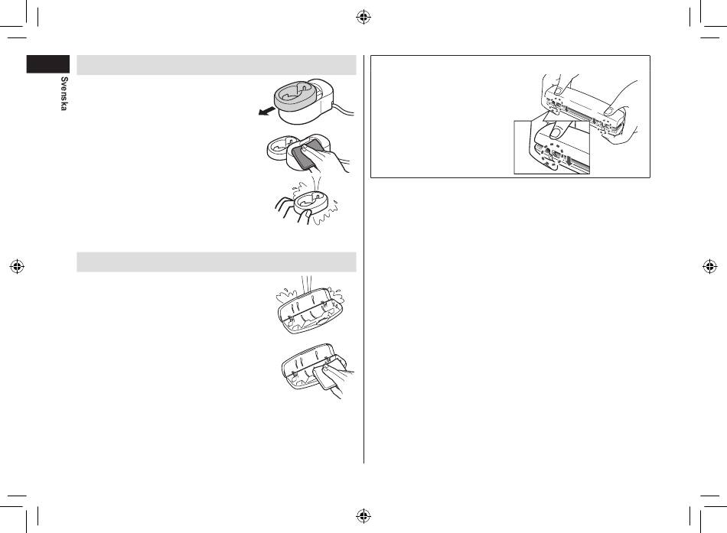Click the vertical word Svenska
[64, 93]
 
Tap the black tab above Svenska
[47, 64]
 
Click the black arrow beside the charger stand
[267, 111]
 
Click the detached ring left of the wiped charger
[281, 148]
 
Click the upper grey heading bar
[216, 65]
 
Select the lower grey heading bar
[216, 262]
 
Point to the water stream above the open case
[306, 284]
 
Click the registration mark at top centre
[363, 18]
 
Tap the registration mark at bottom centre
[363, 515]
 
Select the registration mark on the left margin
[17, 266]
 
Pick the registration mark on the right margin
[710, 266]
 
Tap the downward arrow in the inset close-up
[569, 161]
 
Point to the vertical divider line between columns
[363, 259]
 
